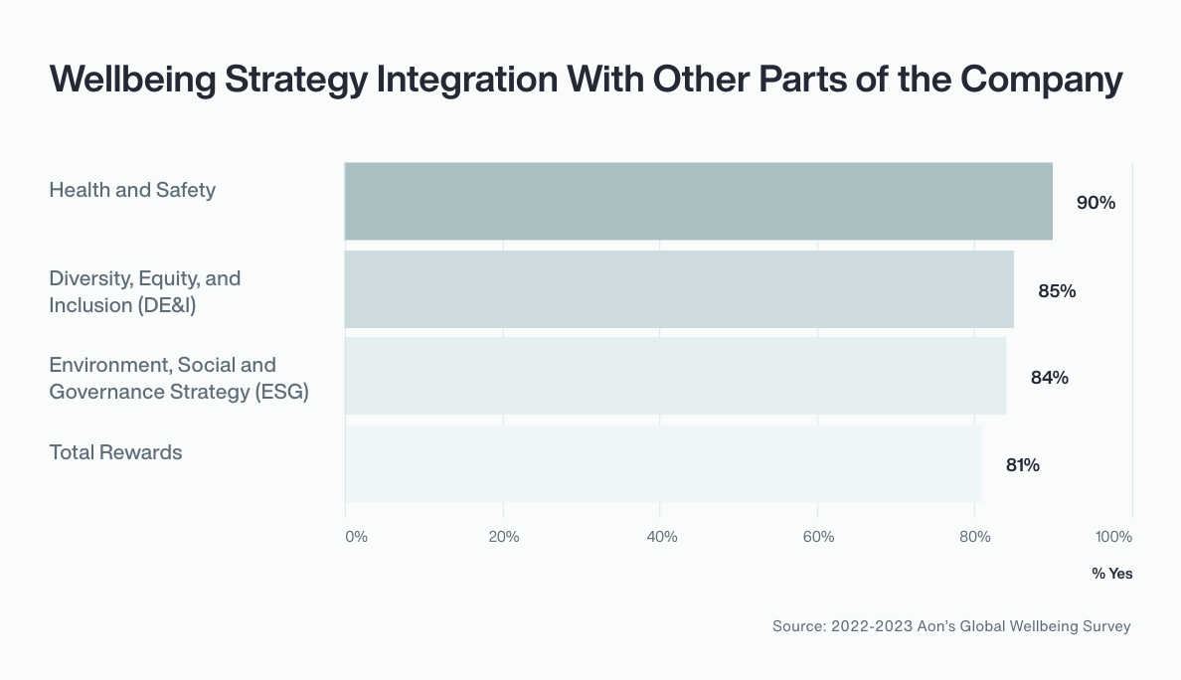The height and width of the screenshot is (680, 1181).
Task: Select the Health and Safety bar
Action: tap(698, 201)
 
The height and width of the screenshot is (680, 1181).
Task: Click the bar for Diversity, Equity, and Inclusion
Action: tap(679, 289)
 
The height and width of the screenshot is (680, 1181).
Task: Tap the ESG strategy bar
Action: tap(675, 376)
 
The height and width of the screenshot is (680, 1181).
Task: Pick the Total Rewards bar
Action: tap(663, 463)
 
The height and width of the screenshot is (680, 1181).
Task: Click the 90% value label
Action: tap(1096, 203)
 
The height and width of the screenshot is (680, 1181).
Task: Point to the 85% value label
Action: tap(1057, 291)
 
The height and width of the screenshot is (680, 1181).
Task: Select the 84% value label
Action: tap(1049, 378)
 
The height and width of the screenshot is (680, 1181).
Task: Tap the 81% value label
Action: tap(1022, 465)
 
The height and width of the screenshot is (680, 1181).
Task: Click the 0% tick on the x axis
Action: tap(356, 537)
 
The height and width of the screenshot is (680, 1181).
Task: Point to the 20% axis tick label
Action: tap(504, 537)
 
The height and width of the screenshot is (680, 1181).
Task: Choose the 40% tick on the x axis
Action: tap(661, 537)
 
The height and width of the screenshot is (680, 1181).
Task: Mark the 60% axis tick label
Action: tap(818, 537)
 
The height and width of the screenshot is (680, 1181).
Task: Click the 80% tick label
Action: tap(975, 537)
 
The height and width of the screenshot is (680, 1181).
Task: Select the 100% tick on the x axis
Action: tap(1113, 537)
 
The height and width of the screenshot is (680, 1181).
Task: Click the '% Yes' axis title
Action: tap(1111, 574)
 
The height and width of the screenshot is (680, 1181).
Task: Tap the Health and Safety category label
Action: tap(132, 190)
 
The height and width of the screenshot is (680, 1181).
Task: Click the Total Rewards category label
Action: tap(115, 452)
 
